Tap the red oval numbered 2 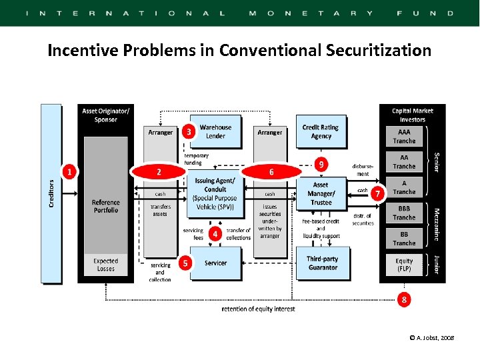tap(159, 171)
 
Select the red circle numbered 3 tap(189, 132)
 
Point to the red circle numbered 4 tap(215, 234)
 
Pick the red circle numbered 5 tap(185, 263)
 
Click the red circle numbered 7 tap(378, 193)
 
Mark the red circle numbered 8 tap(403, 299)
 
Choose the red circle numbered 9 tap(322, 163)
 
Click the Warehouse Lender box tap(216, 131)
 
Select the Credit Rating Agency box tap(321, 131)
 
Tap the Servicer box tap(216, 263)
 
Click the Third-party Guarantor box tap(321, 263)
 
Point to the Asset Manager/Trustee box tap(321, 193)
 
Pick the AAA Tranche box tap(404, 137)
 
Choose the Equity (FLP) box tap(404, 265)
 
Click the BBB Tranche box tap(404, 213)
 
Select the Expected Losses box tap(105, 265)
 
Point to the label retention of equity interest tap(258, 309)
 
